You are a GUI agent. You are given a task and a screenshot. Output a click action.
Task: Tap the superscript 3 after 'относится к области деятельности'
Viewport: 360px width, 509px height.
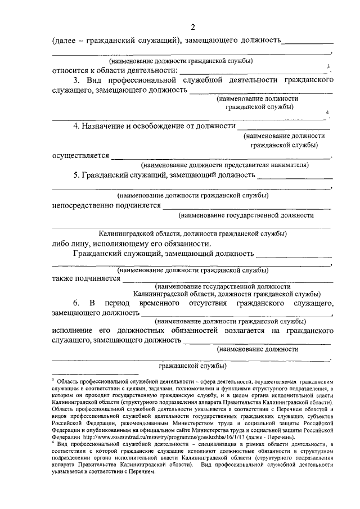point(328,67)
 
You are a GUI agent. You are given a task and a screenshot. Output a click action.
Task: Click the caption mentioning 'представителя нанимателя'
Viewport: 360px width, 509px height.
point(225,165)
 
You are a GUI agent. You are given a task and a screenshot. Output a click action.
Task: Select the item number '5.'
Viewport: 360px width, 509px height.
point(76,175)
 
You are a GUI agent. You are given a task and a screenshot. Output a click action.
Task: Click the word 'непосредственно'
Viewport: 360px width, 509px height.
point(87,206)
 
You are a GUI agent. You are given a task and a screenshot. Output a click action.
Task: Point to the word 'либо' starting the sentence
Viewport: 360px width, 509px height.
point(61,244)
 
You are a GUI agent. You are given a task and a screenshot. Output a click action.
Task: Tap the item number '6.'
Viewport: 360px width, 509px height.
point(76,304)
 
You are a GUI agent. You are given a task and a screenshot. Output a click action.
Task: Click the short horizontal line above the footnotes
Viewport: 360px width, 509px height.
point(94,374)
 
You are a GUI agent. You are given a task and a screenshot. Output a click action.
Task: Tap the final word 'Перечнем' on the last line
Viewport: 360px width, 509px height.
point(139,470)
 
